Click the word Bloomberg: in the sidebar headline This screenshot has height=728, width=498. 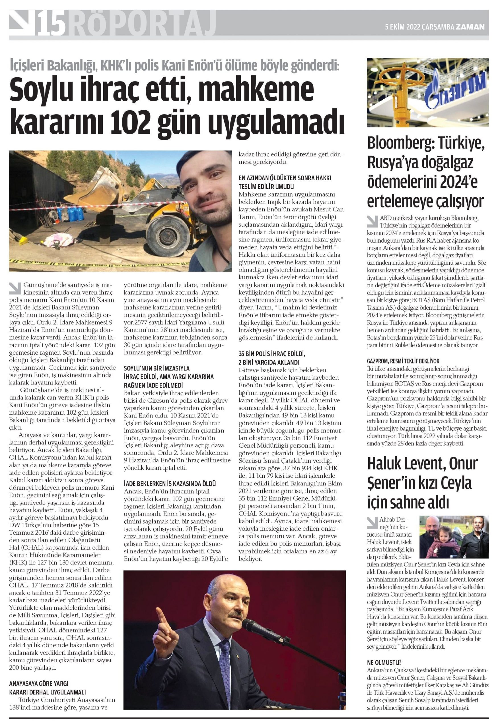click(x=400, y=144)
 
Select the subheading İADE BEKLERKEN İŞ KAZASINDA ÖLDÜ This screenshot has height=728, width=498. click(x=170, y=484)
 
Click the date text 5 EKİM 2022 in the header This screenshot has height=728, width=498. click(x=402, y=27)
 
